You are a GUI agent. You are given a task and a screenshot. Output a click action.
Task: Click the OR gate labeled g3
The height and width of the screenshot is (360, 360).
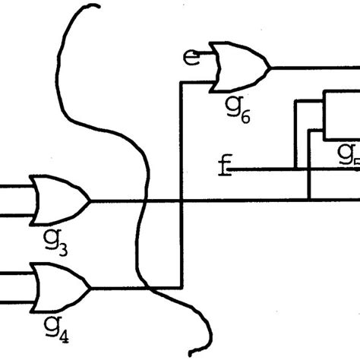click(x=57, y=201)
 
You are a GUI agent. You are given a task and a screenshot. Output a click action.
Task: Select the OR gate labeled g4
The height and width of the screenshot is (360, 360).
click(x=57, y=289)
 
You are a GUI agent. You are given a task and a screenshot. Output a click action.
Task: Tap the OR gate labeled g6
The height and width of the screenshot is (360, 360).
click(x=239, y=66)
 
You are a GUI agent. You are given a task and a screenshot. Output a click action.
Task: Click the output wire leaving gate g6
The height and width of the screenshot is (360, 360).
click(x=311, y=67)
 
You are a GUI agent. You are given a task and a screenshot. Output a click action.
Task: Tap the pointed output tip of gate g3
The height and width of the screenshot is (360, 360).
click(x=90, y=201)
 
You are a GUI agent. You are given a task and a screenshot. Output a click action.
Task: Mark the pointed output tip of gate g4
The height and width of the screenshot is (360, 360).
click(x=90, y=289)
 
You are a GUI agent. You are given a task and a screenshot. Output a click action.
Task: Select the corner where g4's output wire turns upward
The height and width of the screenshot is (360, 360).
click(x=180, y=289)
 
